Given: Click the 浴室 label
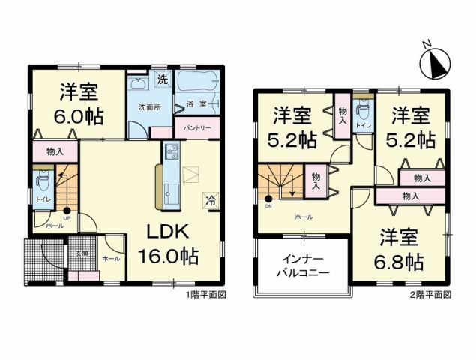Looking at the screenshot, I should tap(196, 105).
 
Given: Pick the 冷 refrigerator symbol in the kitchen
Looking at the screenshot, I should tap(211, 199).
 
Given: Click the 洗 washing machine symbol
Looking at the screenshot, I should tap(162, 79).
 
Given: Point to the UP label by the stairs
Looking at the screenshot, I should tap(67, 218).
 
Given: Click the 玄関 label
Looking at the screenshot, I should tap(81, 253).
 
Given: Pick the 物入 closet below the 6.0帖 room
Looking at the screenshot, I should tap(54, 151).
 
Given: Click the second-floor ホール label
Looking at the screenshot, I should tap(304, 217).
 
